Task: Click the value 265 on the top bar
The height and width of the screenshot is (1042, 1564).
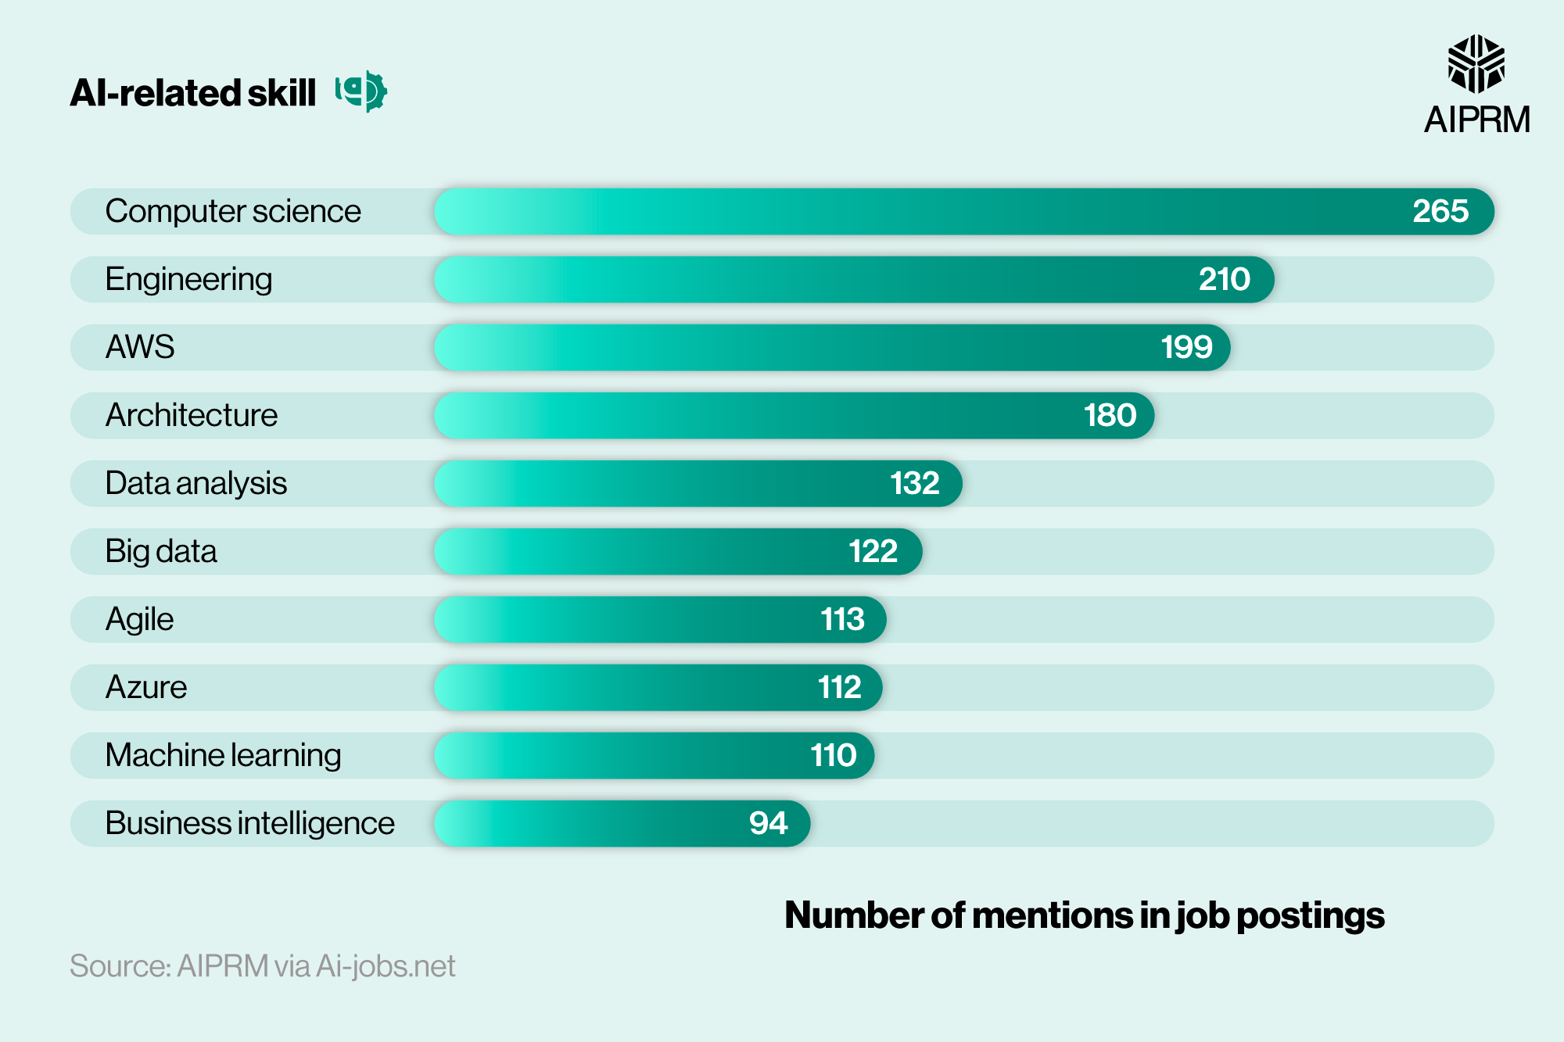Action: click(1440, 211)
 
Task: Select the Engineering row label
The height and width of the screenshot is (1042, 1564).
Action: click(188, 279)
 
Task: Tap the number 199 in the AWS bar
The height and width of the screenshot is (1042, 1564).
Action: click(1186, 347)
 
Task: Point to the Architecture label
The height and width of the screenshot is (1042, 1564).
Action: click(192, 415)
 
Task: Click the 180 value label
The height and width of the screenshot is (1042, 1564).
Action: click(1109, 415)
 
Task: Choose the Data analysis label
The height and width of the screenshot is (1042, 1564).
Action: click(195, 483)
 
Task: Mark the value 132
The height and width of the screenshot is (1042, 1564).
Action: click(914, 483)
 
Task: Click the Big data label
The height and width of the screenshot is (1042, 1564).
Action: click(160, 551)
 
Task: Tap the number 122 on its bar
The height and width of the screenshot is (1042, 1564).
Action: click(873, 551)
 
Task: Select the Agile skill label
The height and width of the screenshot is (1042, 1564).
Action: click(139, 619)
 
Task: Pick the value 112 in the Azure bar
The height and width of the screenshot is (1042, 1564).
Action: click(839, 687)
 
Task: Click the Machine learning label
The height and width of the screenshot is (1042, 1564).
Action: click(223, 755)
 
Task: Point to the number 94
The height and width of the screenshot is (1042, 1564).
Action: click(768, 823)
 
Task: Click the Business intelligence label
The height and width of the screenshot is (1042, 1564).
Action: click(249, 823)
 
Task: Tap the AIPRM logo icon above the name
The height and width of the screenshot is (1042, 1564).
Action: click(1476, 64)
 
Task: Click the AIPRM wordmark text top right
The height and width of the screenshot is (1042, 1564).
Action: click(1476, 120)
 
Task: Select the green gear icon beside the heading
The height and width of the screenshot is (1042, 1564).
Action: click(362, 91)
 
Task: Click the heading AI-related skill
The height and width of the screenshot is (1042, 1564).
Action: click(192, 93)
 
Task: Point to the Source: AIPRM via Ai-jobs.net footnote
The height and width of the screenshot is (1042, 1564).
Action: click(262, 966)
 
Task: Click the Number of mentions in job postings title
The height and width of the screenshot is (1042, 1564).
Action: click(1084, 915)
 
